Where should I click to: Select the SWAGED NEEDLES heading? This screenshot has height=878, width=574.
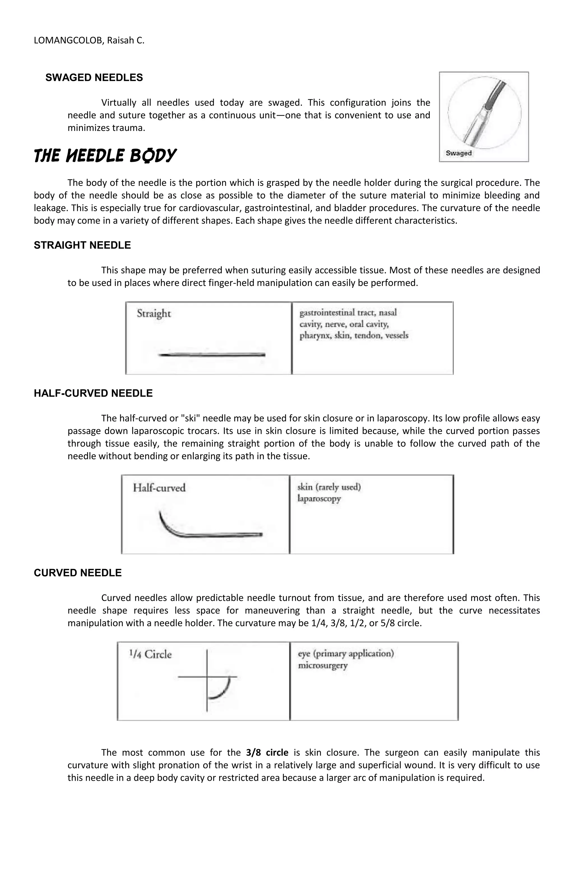(94, 78)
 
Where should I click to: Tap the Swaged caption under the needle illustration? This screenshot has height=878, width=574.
(459, 153)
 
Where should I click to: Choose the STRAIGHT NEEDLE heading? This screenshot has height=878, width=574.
(82, 245)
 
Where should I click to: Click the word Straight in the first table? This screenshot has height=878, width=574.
(154, 314)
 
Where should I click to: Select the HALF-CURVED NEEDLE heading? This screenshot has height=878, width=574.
(93, 393)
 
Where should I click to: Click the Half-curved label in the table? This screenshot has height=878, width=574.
(159, 488)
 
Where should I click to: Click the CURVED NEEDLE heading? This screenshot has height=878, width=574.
(78, 573)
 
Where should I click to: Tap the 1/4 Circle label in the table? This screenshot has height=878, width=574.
(151, 655)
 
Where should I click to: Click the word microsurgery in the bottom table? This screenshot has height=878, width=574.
(323, 666)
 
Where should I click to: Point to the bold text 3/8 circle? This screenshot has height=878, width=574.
(267, 753)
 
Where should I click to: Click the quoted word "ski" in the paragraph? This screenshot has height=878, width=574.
(191, 418)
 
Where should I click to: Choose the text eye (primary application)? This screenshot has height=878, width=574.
(346, 654)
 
